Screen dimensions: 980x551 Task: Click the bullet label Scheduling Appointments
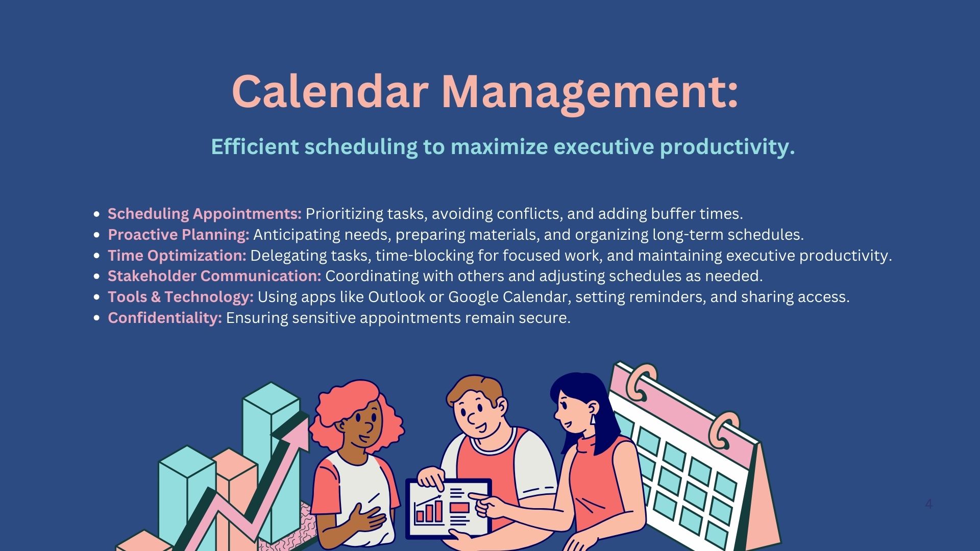click(205, 214)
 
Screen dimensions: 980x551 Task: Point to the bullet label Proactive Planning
click(179, 235)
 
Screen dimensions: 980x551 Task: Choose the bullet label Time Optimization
click(177, 256)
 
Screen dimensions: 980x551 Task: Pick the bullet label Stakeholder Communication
click(214, 276)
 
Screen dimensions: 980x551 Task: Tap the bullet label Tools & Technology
click(181, 297)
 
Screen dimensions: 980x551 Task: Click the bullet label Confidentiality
click(165, 318)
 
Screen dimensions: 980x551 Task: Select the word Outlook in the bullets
click(389, 297)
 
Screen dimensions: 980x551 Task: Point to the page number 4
click(928, 504)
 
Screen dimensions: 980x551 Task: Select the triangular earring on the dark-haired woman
click(593, 419)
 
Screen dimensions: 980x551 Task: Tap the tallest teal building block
click(272, 459)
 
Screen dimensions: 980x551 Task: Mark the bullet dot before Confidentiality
click(97, 318)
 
